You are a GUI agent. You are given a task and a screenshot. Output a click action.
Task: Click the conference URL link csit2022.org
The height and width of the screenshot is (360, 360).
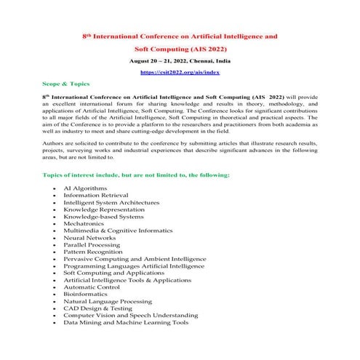(180, 73)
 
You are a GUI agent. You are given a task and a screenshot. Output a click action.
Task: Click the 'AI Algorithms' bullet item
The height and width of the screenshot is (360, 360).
(86, 188)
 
